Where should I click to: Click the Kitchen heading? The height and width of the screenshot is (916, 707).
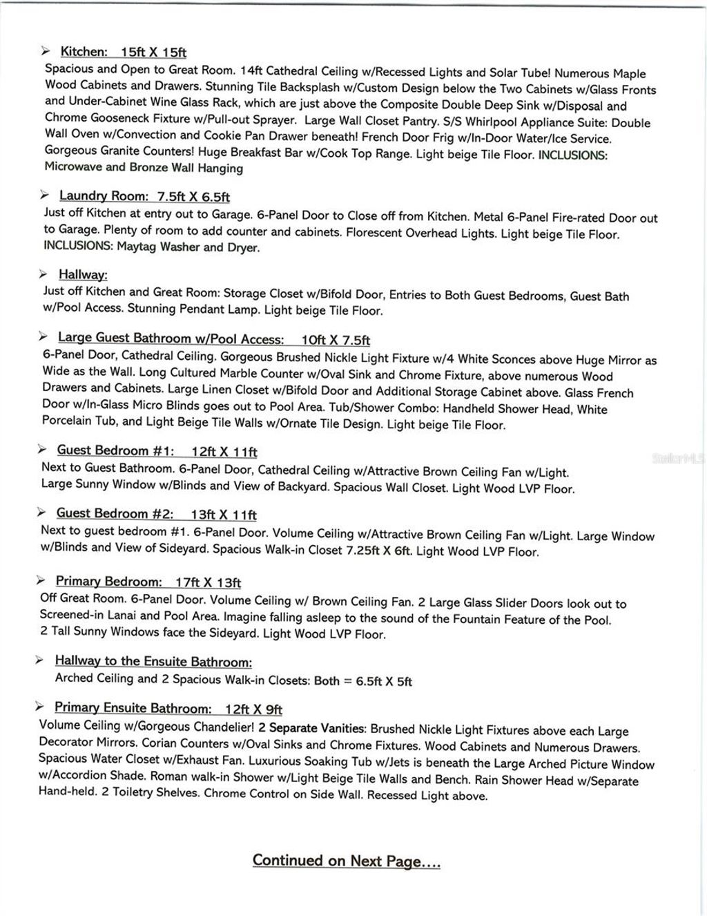pos(84,52)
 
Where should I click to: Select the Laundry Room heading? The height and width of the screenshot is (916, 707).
pos(104,196)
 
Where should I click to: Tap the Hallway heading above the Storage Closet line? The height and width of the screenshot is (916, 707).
pos(83,275)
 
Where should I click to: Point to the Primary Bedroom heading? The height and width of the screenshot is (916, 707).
pos(109,582)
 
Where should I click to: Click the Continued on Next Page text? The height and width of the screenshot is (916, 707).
pos(346,861)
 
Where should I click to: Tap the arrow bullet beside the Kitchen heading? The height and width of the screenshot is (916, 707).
pos(46,51)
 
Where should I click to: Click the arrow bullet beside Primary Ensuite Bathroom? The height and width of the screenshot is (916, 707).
pos(39,707)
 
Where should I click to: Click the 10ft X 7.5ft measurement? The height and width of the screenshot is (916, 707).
pos(336,340)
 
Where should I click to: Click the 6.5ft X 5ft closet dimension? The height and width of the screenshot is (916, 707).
pos(384,681)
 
